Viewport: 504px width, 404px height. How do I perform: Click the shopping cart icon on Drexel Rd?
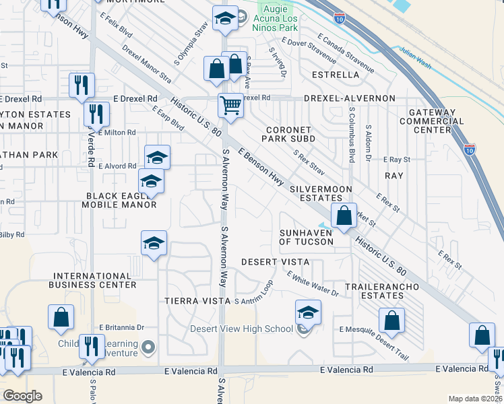230,106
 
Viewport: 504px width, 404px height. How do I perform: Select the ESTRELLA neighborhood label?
334,75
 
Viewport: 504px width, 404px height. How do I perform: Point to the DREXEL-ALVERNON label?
349,98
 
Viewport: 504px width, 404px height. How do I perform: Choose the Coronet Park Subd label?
290,134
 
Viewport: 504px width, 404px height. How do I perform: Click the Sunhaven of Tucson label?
307,237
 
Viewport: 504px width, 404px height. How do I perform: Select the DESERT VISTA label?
275,261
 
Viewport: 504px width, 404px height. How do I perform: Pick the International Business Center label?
94,280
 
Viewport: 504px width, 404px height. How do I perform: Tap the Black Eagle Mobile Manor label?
121,200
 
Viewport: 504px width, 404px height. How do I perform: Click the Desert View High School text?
241,329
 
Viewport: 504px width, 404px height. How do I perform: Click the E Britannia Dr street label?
122,327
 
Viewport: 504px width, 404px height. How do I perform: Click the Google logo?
22,396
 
